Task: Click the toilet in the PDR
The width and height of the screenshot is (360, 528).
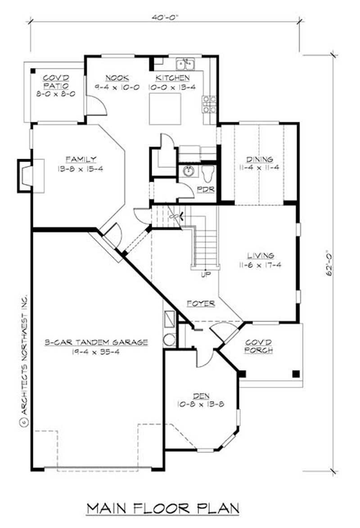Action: click(207, 174)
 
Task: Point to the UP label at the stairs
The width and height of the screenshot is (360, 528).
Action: click(206, 274)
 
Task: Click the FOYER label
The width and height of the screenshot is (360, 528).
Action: click(201, 304)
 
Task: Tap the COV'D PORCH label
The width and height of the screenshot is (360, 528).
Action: click(258, 346)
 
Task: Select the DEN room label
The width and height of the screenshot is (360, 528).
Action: click(201, 396)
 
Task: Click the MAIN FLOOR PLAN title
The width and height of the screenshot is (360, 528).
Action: click(162, 508)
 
